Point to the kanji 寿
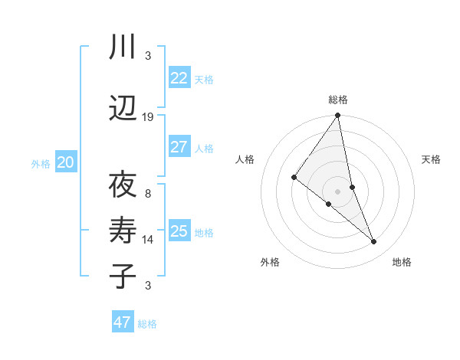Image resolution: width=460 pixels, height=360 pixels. point(123,231)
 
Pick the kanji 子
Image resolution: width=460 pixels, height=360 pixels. point(123,276)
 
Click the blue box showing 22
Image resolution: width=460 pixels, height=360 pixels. point(179,78)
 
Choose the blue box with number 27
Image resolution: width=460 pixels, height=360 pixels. point(179,147)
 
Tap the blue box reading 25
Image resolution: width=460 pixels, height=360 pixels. point(179,231)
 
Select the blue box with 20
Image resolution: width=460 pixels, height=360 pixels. point(66,162)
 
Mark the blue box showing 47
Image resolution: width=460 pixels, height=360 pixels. point(123,322)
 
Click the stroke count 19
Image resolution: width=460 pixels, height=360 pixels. point(148,117)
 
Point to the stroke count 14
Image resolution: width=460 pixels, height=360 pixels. point(148,240)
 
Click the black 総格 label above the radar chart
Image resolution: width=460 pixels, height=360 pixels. point(338,100)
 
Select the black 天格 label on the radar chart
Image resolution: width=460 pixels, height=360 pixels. point(432,159)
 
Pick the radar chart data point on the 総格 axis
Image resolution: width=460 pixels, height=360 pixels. point(338,116)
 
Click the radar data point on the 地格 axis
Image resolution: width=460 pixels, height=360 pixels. point(374,241)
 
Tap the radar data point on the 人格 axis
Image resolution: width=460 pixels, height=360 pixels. point(294,177)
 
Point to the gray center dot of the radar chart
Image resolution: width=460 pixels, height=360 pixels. point(338,191)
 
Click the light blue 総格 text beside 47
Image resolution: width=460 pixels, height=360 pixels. point(147,324)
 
